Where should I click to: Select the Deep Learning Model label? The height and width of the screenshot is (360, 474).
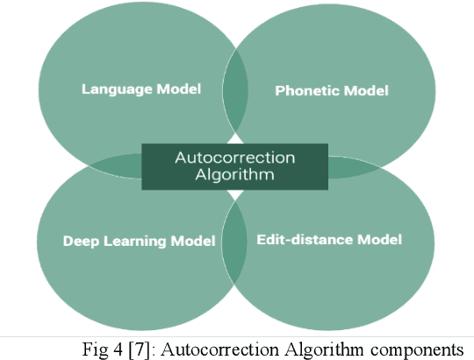coord(139,241)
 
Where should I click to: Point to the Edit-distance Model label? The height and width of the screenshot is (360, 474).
coord(329,239)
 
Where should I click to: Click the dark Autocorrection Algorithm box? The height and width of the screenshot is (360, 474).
coord(235,166)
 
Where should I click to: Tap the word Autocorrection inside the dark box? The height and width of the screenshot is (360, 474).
coord(235,158)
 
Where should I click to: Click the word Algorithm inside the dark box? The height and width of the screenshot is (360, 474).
coord(235,175)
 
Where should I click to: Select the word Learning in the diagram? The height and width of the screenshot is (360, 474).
coord(128,241)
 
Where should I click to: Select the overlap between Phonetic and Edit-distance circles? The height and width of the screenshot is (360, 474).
coord(351,165)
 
